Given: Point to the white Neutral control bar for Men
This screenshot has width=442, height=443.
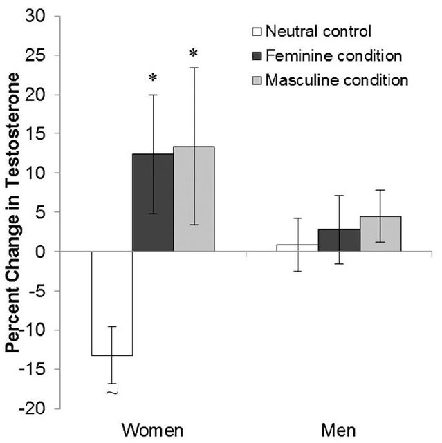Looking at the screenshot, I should pyautogui.click(x=297, y=247).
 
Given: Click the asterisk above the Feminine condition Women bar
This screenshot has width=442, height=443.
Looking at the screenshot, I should pyautogui.click(x=153, y=79).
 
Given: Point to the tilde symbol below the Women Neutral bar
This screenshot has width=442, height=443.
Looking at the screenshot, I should pyautogui.click(x=111, y=393).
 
